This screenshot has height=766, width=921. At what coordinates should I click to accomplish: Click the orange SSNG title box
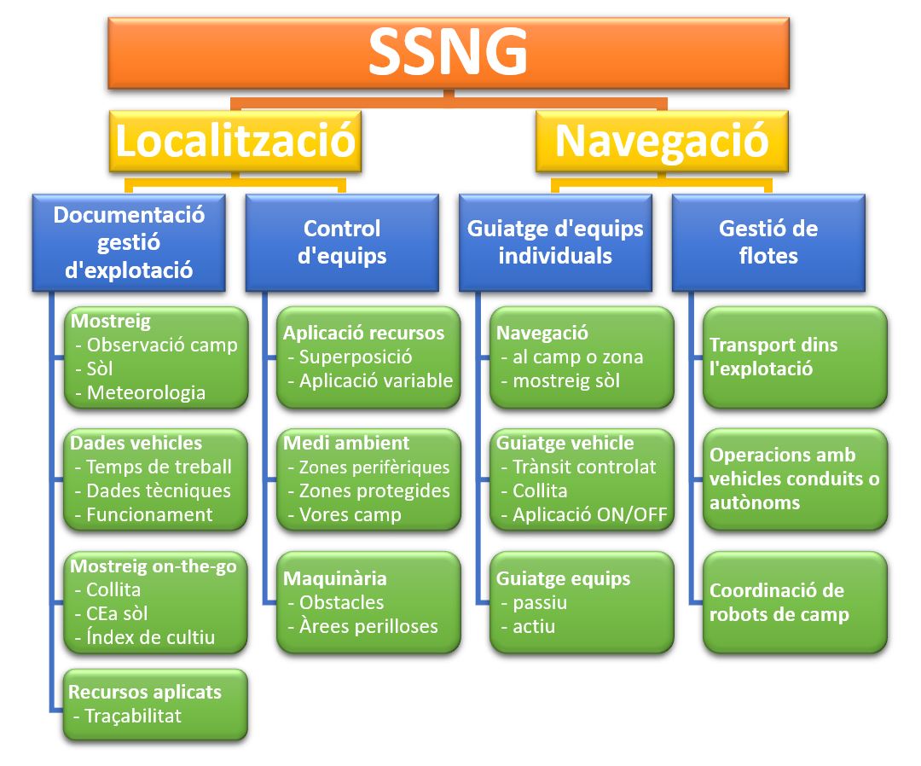point(449,53)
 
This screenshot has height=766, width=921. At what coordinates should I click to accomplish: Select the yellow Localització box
point(235,141)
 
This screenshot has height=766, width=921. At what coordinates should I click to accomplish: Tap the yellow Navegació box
point(662,141)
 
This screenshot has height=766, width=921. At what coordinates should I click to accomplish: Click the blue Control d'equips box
point(343,242)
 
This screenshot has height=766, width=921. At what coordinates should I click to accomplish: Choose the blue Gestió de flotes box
point(769,242)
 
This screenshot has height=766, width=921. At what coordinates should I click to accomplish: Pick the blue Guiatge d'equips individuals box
point(556,242)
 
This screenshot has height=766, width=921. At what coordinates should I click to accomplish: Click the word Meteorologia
point(147,392)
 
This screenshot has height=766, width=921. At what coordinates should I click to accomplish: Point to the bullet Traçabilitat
point(133,716)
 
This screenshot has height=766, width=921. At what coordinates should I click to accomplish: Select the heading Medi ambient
point(346,443)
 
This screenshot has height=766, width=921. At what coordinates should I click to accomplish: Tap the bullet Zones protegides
point(374,490)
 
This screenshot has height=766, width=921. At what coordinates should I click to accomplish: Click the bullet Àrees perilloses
point(369,626)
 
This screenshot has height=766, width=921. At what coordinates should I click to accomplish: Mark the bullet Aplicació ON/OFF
point(590,514)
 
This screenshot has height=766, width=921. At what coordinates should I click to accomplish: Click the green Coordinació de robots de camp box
point(795,602)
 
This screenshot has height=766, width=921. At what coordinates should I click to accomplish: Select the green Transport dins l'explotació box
point(795,357)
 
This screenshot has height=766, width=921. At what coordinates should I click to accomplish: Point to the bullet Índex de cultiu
point(150,636)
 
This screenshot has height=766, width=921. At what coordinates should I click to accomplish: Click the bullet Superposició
point(356,357)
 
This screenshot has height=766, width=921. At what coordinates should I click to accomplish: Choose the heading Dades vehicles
point(136,443)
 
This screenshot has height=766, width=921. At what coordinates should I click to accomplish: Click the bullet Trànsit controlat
point(584,467)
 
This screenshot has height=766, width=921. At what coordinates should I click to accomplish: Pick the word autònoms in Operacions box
point(755,502)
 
